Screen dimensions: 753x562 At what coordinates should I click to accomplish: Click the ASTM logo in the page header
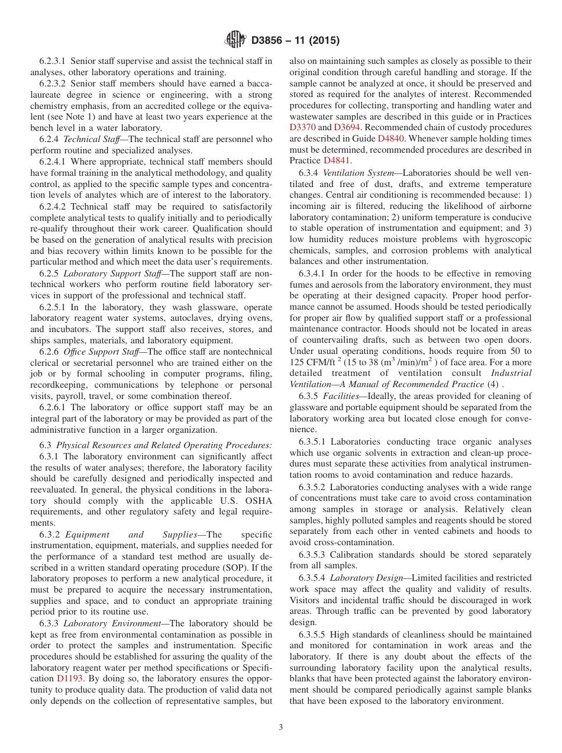coord(235,40)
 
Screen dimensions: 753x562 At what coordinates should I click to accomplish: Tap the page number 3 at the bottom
coord(281,728)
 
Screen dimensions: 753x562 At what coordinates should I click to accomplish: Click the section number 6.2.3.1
coord(52,61)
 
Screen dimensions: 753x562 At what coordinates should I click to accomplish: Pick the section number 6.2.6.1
coord(52,407)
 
